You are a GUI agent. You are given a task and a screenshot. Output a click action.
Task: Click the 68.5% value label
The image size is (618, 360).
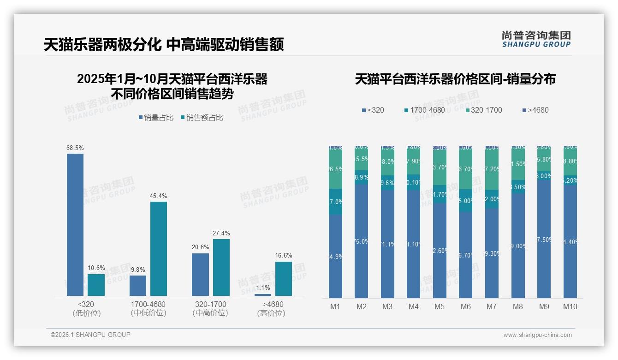(x=75, y=148)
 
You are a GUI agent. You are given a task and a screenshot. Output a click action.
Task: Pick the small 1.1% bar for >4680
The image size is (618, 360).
(x=263, y=294)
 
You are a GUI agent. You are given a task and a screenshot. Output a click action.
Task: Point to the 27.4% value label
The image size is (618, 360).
(x=221, y=234)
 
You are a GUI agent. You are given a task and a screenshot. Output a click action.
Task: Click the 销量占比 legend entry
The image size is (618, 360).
(x=156, y=118)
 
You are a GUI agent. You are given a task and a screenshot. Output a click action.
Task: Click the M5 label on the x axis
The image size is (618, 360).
(x=440, y=306)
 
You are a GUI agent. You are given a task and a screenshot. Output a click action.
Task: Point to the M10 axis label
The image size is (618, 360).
(x=570, y=306)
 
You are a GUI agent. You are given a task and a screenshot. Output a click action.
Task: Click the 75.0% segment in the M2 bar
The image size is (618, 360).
(x=362, y=241)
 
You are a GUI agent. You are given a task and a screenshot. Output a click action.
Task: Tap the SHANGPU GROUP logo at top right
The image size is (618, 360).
(x=536, y=39)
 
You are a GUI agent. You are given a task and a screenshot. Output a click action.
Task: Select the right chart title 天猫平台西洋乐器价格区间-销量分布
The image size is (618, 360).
(x=455, y=79)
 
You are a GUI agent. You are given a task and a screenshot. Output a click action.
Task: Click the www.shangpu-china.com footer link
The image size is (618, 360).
(x=537, y=335)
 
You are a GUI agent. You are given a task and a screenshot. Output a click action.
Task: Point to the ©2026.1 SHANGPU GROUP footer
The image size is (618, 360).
(x=90, y=335)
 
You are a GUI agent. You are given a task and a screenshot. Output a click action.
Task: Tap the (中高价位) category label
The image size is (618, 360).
(x=210, y=313)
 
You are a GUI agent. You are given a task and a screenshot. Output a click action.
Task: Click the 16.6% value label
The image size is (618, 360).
(x=284, y=256)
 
